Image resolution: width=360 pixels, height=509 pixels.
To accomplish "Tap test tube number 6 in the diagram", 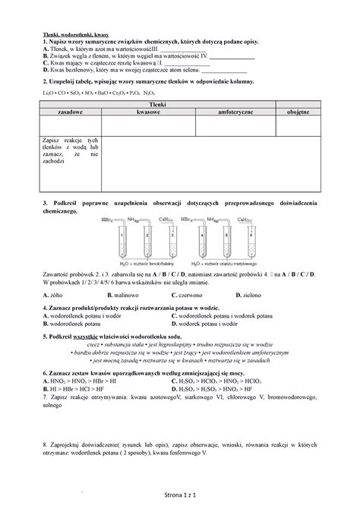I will click(x=248, y=243).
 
